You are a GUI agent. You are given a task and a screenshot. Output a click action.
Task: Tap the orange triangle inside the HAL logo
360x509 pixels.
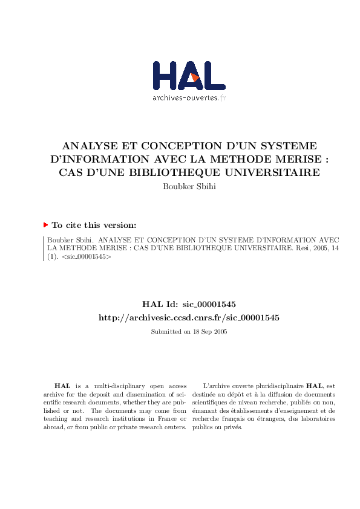point(194,77)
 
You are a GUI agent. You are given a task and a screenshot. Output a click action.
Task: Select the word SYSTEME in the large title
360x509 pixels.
point(286,146)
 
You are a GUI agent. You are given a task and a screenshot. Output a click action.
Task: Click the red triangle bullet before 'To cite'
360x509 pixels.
point(45,225)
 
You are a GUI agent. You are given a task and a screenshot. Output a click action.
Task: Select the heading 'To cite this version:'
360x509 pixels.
point(94,225)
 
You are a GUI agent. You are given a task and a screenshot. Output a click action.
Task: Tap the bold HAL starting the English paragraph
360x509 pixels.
point(62,385)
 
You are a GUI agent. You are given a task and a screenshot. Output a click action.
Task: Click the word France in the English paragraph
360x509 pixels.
point(163,418)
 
